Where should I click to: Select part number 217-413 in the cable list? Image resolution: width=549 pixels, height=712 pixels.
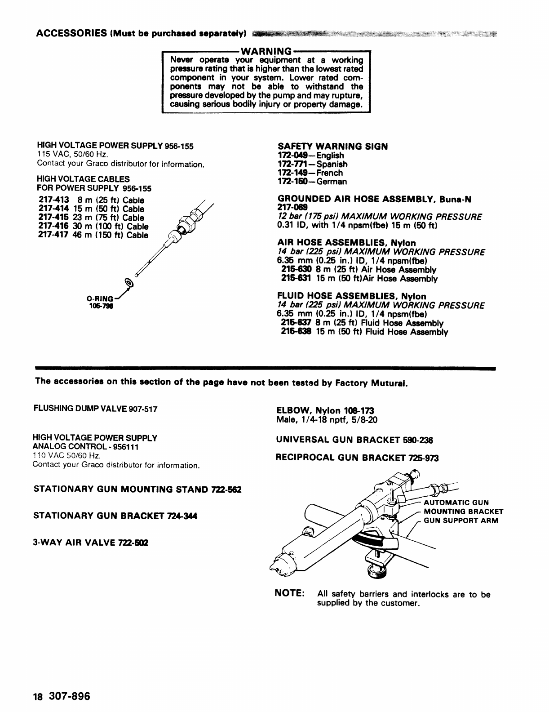coord(54,200)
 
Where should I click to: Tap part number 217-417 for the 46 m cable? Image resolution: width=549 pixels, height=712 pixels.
coord(54,235)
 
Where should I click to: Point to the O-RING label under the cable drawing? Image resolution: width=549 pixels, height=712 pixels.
coord(100,298)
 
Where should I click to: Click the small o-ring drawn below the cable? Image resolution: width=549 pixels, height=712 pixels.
coord(130,283)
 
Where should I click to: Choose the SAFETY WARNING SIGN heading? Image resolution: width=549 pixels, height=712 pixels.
coord(332,147)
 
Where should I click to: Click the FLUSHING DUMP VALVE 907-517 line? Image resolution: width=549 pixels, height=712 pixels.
coord(95,409)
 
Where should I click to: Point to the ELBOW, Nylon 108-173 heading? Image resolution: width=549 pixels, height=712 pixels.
coord(325,411)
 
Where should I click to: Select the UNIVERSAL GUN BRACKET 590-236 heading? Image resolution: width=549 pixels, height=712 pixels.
coord(354,440)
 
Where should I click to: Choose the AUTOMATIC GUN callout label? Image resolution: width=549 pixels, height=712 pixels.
coord(456,503)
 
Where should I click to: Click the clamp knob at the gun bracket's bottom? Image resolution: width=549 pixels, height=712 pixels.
coord(376,571)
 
